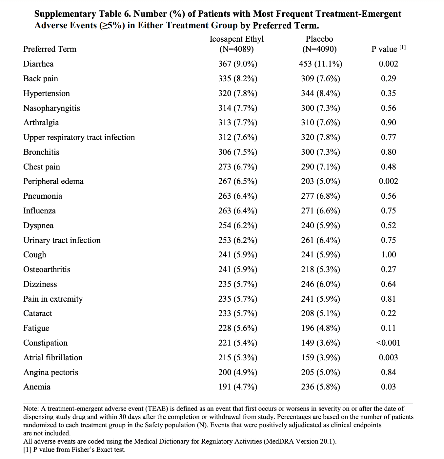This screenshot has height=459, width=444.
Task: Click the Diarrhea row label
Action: [x=38, y=64]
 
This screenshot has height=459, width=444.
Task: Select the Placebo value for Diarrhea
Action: [x=320, y=64]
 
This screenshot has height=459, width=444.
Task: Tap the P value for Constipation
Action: [x=388, y=343]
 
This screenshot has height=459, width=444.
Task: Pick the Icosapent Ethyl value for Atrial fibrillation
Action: [x=238, y=358]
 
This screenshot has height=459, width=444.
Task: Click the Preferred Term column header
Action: [x=50, y=49]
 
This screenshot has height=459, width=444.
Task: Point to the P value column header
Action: [x=388, y=49]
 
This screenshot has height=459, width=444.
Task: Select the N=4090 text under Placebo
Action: [x=319, y=49]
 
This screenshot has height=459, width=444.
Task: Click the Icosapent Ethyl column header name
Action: [x=236, y=39]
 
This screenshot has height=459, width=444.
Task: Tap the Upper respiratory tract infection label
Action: [x=79, y=137]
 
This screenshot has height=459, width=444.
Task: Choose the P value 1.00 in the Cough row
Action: [x=388, y=255]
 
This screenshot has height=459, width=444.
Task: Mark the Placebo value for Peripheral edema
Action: [x=320, y=181]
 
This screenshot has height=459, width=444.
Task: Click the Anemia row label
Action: [x=37, y=387]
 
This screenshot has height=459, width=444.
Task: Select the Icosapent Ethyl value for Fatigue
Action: [x=238, y=328]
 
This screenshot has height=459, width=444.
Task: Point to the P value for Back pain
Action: [x=388, y=79]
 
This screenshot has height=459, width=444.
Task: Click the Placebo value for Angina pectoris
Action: [x=320, y=372]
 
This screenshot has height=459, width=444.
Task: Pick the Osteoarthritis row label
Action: [x=47, y=269]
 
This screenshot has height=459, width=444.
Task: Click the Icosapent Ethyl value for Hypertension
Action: [x=238, y=93]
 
